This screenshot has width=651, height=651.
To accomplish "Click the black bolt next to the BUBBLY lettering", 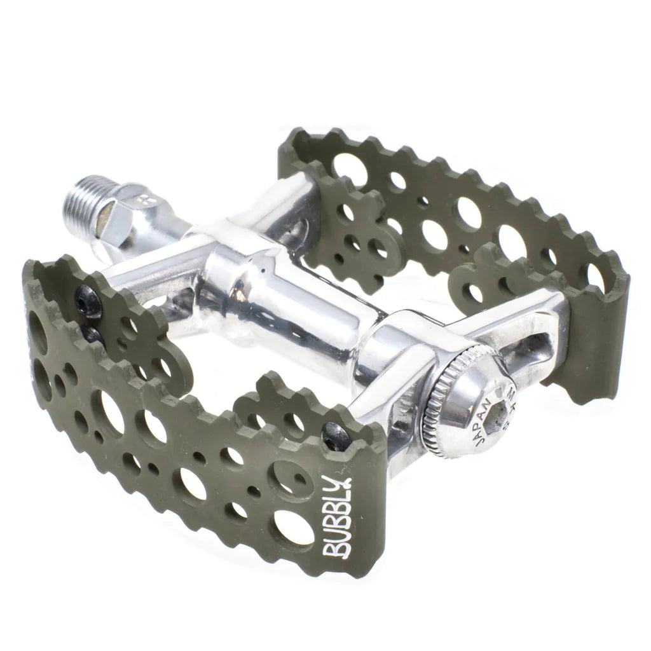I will pos(335,437).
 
